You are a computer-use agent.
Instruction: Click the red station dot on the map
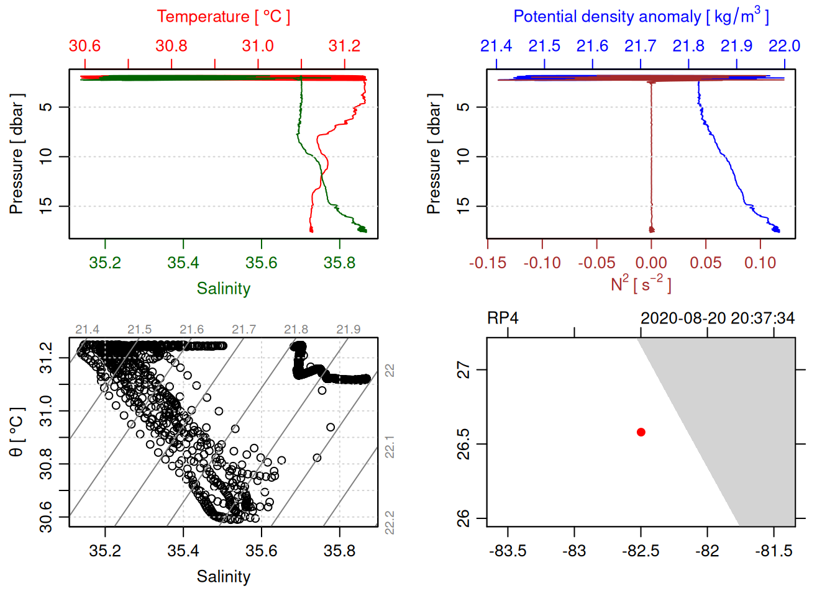click(x=641, y=432)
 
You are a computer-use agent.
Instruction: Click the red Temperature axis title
click(x=223, y=17)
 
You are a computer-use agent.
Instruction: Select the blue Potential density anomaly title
click(x=641, y=17)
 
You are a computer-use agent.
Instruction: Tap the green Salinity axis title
click(x=223, y=289)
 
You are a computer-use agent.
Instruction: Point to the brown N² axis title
click(x=641, y=284)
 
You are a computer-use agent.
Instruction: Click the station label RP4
click(x=502, y=318)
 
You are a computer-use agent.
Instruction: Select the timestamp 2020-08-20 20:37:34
click(x=717, y=318)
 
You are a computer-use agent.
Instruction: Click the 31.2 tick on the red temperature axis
click(x=344, y=47)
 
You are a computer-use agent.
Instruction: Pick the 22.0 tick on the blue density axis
click(x=784, y=47)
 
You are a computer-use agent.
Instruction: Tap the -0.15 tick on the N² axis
click(x=488, y=263)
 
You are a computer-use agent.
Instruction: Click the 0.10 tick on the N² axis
click(x=760, y=263)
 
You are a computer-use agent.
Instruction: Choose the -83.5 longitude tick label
click(x=508, y=551)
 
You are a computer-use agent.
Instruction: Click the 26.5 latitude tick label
click(x=463, y=444)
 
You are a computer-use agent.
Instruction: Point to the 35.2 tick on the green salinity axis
click(x=105, y=263)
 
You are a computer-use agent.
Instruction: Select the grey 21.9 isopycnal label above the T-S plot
click(x=348, y=330)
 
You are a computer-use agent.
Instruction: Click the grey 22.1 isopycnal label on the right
click(x=390, y=447)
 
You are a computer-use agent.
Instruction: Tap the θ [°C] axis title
click(x=17, y=432)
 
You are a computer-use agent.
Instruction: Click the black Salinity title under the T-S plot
click(x=223, y=577)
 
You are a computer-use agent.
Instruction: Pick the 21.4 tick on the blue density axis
click(x=496, y=47)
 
